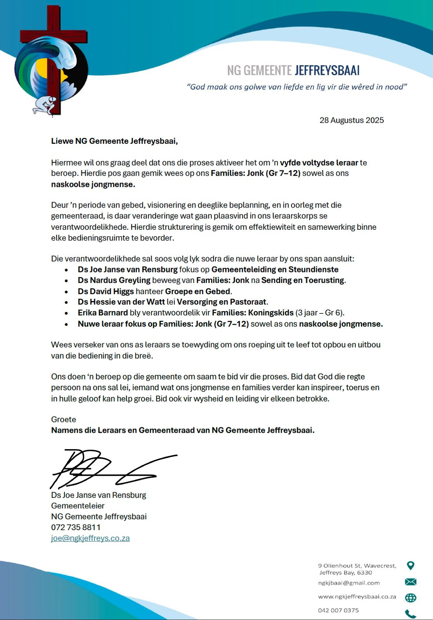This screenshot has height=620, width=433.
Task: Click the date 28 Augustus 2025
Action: pyautogui.click(x=352, y=120)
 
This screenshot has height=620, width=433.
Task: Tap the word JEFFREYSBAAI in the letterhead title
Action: pyautogui.click(x=327, y=71)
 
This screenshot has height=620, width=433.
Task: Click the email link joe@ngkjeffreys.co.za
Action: pyautogui.click(x=90, y=538)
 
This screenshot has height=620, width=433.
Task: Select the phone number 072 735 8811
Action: pyautogui.click(x=76, y=527)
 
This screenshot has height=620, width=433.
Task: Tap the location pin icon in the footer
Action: pyautogui.click(x=411, y=566)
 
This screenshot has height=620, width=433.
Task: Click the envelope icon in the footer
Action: pyautogui.click(x=411, y=582)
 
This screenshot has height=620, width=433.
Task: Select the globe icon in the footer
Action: pyautogui.click(x=411, y=598)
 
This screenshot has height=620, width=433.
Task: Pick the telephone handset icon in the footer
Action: pyautogui.click(x=410, y=614)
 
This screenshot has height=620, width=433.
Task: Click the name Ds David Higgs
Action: pyautogui.click(x=106, y=291)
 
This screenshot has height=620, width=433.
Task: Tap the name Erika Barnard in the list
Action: pyautogui.click(x=103, y=313)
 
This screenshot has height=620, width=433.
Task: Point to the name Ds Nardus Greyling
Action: pyautogui.click(x=114, y=280)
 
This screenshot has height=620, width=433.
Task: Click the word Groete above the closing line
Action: pyautogui.click(x=64, y=419)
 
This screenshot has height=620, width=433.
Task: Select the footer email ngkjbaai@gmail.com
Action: pyautogui.click(x=349, y=583)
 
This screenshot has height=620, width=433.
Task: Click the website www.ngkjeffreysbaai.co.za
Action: pyautogui.click(x=357, y=597)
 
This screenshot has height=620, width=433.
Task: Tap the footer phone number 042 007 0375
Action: pyautogui.click(x=338, y=610)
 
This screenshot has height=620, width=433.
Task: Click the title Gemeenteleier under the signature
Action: pyautogui.click(x=78, y=506)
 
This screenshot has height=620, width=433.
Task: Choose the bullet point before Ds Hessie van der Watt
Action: pyautogui.click(x=67, y=302)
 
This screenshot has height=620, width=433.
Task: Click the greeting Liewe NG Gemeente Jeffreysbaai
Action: pyautogui.click(x=114, y=141)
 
